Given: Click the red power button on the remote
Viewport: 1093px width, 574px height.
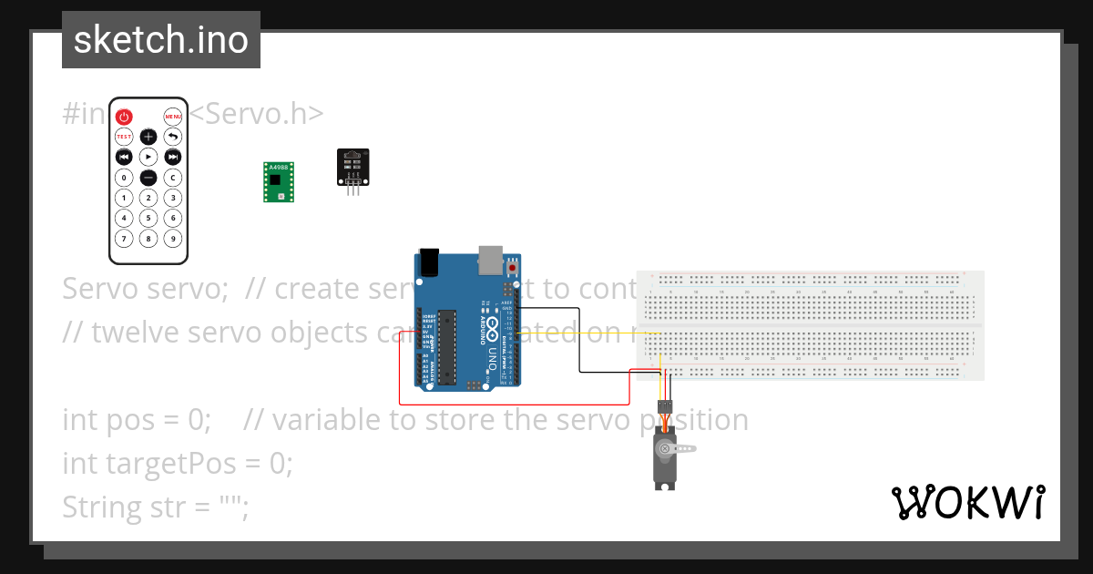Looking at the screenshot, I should point(124,117).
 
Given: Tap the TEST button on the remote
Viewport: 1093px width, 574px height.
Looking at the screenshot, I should point(124,137).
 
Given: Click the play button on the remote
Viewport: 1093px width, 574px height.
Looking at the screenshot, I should point(148,157).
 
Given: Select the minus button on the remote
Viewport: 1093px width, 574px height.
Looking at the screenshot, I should point(148,178).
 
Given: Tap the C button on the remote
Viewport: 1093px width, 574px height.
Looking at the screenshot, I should point(173,178).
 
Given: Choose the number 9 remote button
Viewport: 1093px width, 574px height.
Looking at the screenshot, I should point(173,239).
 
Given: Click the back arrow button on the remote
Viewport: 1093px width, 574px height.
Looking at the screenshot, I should point(173,137).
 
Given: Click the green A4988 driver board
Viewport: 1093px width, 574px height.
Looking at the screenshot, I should point(279,181).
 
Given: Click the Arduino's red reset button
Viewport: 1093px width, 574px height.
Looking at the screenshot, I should point(513,269).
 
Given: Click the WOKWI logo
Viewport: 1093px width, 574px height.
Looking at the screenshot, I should point(967,502).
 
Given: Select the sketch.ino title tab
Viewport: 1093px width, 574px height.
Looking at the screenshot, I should point(161,40).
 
